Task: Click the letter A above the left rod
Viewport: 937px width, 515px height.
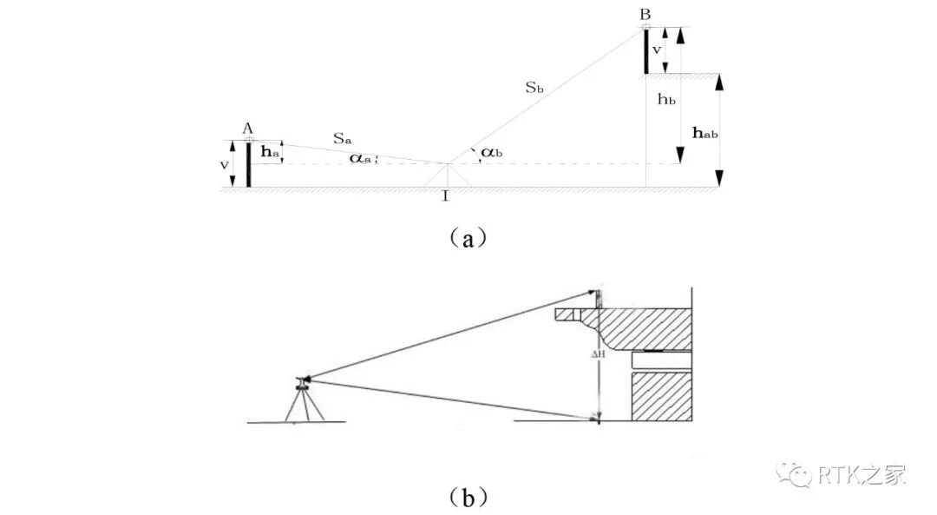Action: click(x=247, y=129)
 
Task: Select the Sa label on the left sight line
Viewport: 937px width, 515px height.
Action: click(x=342, y=137)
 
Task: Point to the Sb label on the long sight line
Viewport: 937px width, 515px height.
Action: click(x=534, y=87)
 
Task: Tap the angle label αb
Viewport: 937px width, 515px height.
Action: click(x=490, y=152)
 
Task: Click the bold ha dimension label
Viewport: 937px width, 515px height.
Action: click(x=271, y=153)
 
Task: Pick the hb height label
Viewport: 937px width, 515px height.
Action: click(x=666, y=100)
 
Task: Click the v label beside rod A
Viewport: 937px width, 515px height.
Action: click(x=225, y=164)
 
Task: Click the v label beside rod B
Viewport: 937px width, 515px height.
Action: click(x=658, y=50)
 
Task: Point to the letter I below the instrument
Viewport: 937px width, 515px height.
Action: click(x=445, y=196)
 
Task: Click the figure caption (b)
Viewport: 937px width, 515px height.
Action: click(x=468, y=496)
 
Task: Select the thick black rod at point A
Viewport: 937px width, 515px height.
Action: click(x=248, y=165)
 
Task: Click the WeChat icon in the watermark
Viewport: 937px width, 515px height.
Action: click(x=795, y=474)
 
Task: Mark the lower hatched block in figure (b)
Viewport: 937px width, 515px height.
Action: click(x=662, y=397)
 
